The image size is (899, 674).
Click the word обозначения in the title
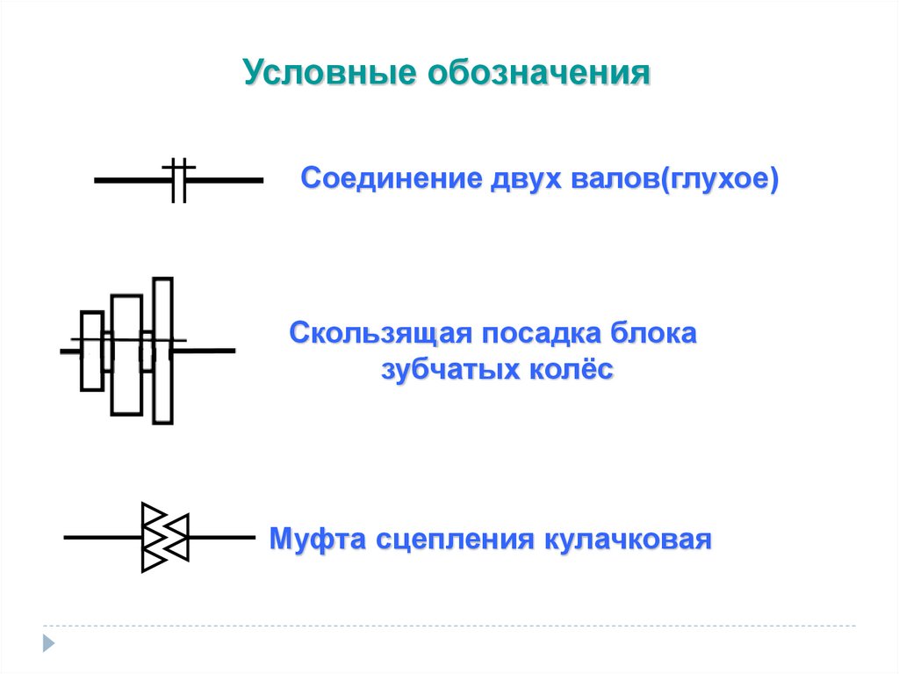coord(538,73)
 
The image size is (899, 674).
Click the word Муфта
coord(317,538)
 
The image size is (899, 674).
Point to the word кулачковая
coord(625,538)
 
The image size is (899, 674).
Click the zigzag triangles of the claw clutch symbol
coord(164,537)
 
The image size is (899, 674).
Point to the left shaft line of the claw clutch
coord(102,537)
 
